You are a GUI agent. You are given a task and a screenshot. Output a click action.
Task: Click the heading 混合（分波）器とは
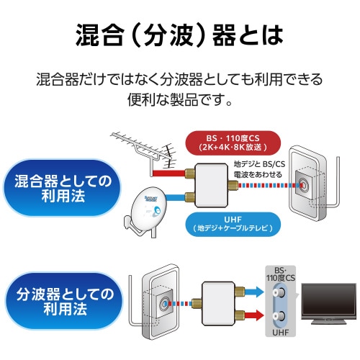pos(180,34)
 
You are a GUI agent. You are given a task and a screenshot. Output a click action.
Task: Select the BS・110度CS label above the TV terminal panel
pos(280,273)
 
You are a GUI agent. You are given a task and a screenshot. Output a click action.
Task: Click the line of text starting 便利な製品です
pos(180,98)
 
